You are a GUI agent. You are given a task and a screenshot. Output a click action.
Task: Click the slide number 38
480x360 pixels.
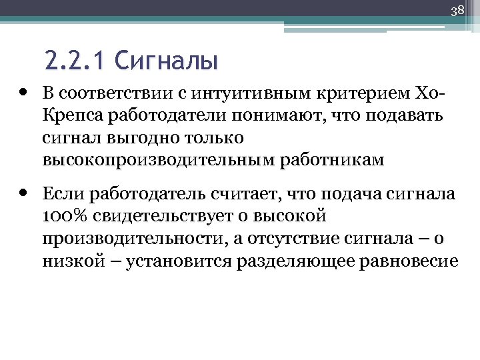point(457,11)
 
